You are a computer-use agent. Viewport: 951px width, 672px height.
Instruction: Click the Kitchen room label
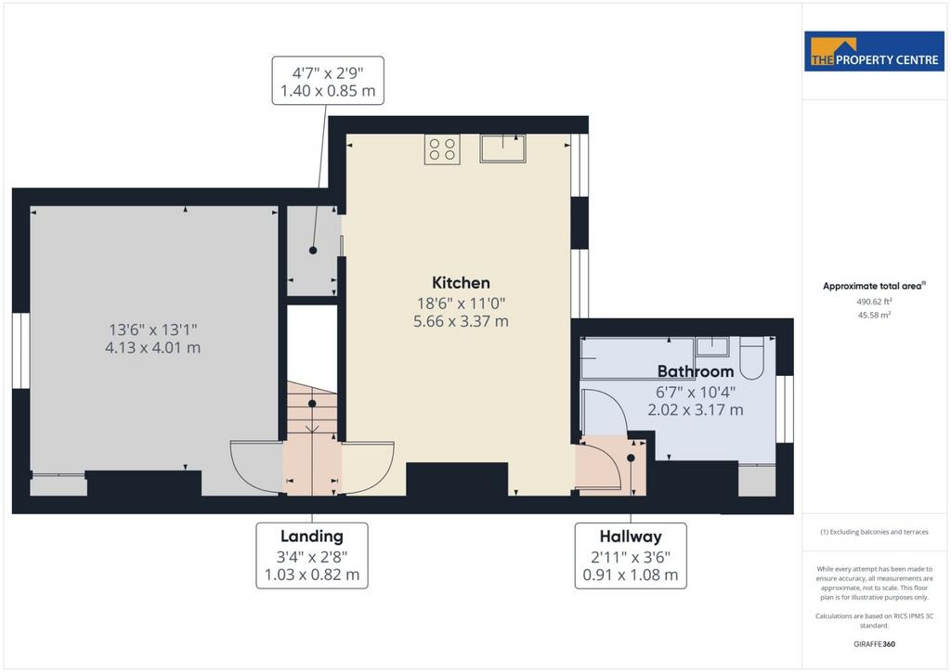(x=461, y=283)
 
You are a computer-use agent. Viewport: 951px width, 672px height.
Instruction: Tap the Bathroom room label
(x=696, y=371)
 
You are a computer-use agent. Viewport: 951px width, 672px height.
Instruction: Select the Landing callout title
(x=312, y=536)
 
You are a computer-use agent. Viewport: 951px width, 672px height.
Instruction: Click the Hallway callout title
(x=631, y=536)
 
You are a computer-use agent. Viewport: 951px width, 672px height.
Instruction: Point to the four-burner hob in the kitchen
(x=442, y=149)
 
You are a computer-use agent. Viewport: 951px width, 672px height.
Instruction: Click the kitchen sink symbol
(x=502, y=149)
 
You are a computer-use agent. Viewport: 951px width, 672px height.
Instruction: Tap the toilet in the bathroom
(x=751, y=358)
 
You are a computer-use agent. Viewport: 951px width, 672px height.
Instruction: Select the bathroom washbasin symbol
(x=712, y=346)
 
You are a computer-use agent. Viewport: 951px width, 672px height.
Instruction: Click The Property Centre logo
(x=875, y=51)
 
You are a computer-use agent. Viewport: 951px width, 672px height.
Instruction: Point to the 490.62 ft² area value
(x=874, y=301)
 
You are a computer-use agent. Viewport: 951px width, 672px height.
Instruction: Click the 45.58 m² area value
(x=874, y=315)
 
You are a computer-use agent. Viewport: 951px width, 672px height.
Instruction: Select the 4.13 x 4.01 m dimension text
(x=153, y=348)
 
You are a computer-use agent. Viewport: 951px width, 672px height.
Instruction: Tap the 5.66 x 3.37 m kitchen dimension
(x=461, y=321)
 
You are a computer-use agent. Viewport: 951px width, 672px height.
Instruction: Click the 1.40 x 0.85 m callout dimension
(x=328, y=91)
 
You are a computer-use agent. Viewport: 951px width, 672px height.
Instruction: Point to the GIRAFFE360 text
(x=874, y=644)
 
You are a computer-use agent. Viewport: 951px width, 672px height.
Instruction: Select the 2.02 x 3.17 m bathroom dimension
(x=696, y=410)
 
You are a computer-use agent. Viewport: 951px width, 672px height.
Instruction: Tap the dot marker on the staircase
(x=312, y=404)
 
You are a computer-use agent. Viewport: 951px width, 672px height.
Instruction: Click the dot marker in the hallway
(x=631, y=459)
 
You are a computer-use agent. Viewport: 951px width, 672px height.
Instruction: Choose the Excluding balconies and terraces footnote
(x=874, y=532)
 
